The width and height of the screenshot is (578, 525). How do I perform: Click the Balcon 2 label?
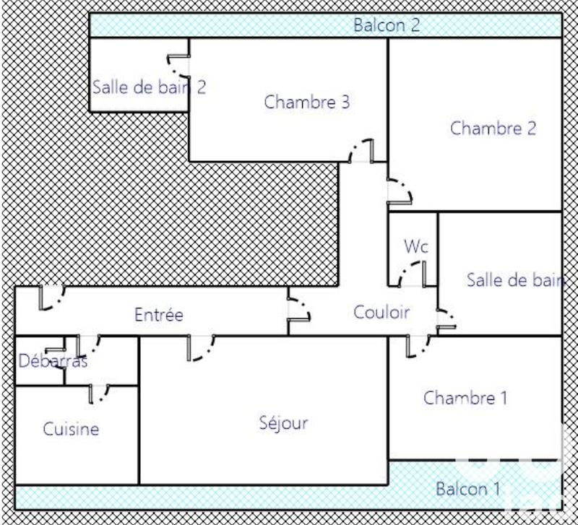[387, 25]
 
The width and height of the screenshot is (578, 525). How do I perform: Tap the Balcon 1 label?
[467, 489]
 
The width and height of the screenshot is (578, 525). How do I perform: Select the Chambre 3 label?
[307, 102]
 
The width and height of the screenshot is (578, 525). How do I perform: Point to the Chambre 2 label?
[493, 129]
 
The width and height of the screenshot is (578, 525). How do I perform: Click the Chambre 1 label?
[465, 397]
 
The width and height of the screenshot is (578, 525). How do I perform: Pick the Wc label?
[416, 246]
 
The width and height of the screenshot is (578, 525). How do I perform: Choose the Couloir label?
[381, 312]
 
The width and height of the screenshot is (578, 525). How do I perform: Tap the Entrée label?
[159, 315]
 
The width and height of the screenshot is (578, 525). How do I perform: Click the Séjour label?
[283, 423]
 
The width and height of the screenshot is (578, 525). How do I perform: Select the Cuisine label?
[71, 429]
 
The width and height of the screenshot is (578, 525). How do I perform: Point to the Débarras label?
[53, 361]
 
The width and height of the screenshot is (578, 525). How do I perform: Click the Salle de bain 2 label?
[150, 87]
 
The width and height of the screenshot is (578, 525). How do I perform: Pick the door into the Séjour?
[200, 347]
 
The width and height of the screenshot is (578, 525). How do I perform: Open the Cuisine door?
[99, 394]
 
